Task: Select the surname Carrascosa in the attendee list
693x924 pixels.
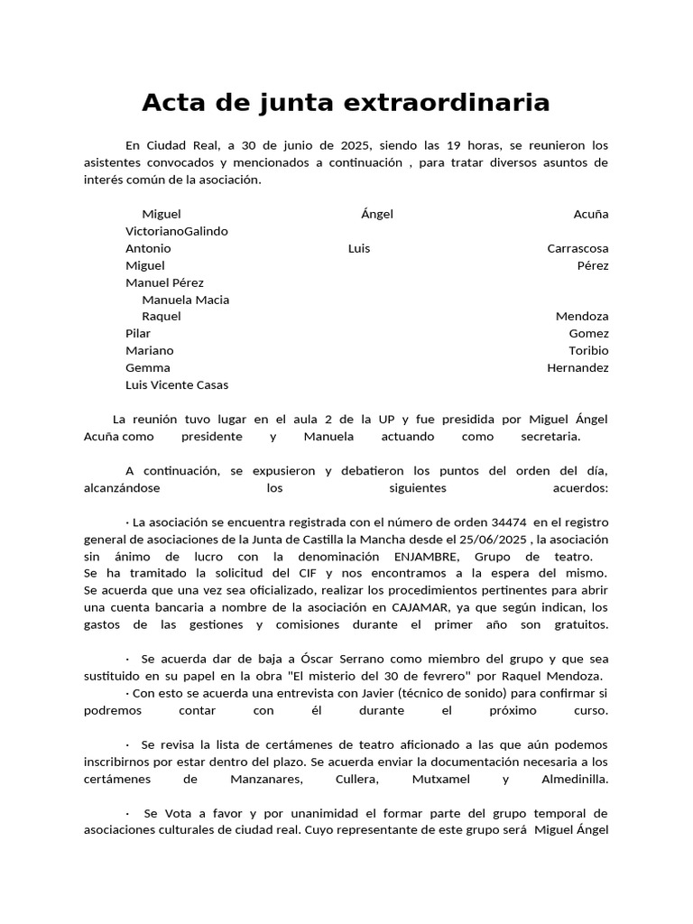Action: point(577,248)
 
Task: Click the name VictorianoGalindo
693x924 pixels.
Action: point(177,231)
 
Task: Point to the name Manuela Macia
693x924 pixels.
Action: point(186,300)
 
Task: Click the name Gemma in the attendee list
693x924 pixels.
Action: point(148,367)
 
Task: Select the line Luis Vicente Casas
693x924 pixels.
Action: point(177,384)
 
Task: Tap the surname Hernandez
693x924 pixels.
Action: point(577,367)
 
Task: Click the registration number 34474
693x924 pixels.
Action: point(509,522)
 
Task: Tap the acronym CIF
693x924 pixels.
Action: point(309,573)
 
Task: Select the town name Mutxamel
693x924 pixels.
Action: point(441,779)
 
